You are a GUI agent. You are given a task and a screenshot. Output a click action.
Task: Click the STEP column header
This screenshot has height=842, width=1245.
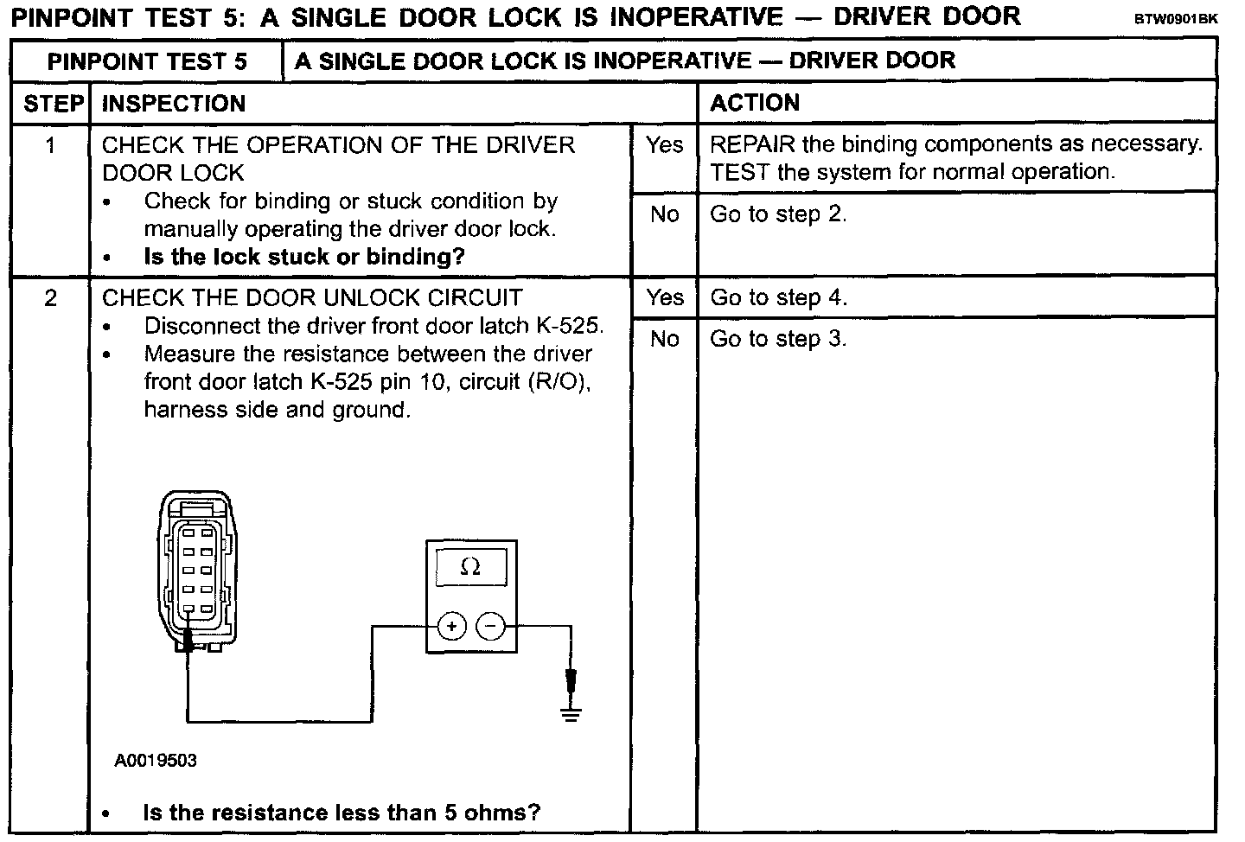[x=52, y=104]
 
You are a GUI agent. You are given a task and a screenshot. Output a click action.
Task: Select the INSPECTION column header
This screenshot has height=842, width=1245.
[x=174, y=104]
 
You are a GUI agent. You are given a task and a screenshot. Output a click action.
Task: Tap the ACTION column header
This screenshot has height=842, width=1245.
[x=755, y=103]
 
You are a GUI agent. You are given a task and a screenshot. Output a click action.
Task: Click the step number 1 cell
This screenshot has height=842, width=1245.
[x=50, y=145]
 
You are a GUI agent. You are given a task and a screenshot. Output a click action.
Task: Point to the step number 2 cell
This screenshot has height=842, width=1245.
[x=50, y=298]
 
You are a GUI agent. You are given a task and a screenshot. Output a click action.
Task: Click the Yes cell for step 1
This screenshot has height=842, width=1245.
[x=664, y=145]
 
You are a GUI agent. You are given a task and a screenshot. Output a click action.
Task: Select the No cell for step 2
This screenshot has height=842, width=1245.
[x=664, y=339]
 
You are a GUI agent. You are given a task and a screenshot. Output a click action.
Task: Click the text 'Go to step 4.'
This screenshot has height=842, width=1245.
[x=778, y=298]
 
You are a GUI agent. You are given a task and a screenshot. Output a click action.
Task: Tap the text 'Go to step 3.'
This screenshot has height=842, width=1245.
[x=778, y=339]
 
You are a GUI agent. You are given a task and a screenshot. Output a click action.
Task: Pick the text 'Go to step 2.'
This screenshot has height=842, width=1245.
[x=778, y=214]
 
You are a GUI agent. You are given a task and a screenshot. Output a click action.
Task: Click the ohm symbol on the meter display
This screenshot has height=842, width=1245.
[x=470, y=567]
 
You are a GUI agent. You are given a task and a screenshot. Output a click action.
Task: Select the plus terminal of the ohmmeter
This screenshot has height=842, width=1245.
[x=451, y=625]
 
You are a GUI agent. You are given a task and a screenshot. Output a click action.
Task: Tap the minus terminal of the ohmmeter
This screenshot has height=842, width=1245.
[x=490, y=625]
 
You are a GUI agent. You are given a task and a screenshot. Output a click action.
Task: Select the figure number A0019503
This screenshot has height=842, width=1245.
[x=156, y=761]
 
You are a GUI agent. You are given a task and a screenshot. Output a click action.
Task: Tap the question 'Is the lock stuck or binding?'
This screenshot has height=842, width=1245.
[x=304, y=257]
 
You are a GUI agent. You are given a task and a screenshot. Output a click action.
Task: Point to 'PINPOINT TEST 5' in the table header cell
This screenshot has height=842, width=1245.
[x=147, y=61]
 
